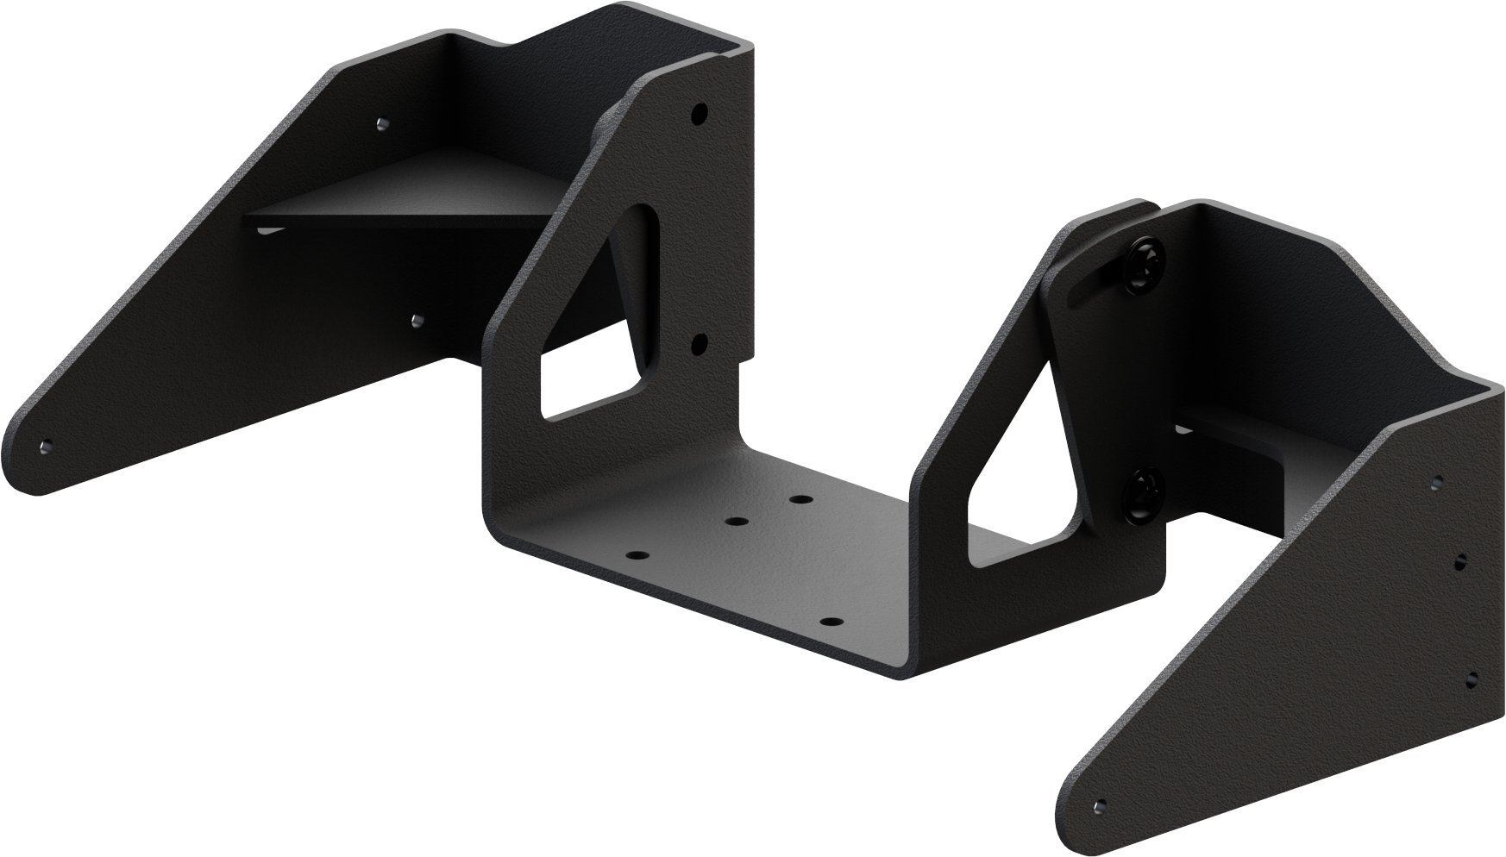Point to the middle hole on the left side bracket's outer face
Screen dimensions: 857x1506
[x=416, y=321]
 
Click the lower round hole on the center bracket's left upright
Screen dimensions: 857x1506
[x=700, y=344]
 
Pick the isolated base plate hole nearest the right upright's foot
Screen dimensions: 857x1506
[x=830, y=622]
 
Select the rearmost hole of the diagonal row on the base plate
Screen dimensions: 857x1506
[x=801, y=499]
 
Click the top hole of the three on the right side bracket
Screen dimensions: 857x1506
[x=1436, y=480]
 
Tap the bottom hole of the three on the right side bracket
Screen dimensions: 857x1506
[x=1471, y=677]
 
